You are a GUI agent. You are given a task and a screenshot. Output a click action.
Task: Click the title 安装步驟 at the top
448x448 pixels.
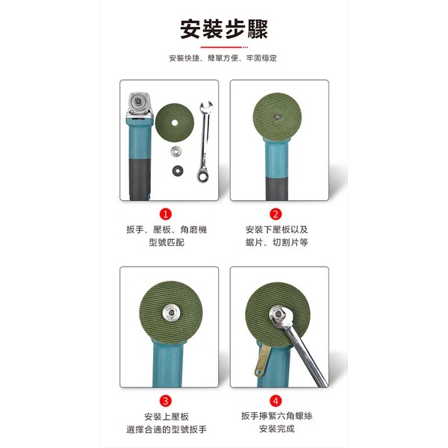point(224,29)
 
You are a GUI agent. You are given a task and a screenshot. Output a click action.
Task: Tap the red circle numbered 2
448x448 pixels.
point(276,214)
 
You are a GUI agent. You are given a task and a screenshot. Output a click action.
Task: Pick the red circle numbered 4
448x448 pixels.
point(276,400)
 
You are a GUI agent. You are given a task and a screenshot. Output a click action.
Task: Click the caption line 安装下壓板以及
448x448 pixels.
point(276,230)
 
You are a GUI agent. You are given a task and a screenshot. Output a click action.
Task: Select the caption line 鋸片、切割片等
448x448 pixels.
point(276,243)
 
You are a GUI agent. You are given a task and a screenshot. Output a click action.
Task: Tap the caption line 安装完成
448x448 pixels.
point(276,429)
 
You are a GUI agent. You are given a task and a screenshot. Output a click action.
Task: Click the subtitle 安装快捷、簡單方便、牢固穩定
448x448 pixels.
point(224,58)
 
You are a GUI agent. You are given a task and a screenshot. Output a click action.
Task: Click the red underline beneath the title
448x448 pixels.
point(224,46)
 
